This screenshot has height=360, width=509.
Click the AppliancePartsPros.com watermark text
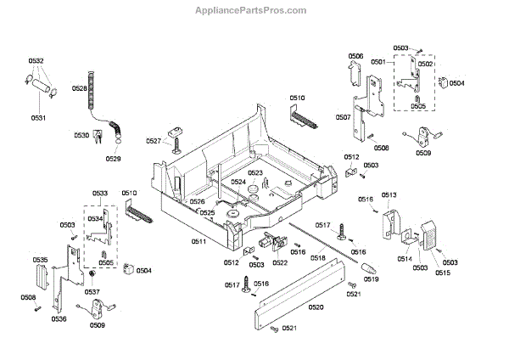click(x=254, y=10)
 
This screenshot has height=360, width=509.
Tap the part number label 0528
click(x=79, y=88)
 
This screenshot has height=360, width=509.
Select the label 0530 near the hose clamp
click(x=81, y=136)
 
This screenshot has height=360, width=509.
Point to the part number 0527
click(x=153, y=141)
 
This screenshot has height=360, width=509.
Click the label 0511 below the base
click(x=199, y=243)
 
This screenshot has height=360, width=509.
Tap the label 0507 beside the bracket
click(x=343, y=117)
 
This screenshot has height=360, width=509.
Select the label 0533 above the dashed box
click(x=100, y=194)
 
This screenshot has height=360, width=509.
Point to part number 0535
click(x=40, y=259)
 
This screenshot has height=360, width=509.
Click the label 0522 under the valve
click(x=279, y=262)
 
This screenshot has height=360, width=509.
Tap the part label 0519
click(x=370, y=279)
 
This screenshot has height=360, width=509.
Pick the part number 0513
click(x=389, y=195)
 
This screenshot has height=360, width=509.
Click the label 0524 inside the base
click(x=238, y=183)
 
